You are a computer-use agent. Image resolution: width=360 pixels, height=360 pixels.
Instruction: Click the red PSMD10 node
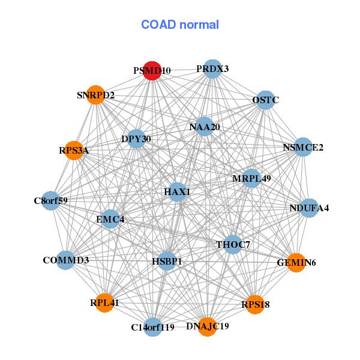click(152, 71)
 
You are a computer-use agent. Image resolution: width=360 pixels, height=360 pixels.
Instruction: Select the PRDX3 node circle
click(212, 69)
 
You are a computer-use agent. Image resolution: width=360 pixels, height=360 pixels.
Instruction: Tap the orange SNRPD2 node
click(96, 95)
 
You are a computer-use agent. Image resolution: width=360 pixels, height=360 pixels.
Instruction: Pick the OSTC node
click(266, 100)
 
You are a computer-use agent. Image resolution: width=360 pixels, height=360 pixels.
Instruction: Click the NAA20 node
click(204, 127)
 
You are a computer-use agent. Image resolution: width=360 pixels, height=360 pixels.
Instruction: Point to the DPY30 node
click(136, 139)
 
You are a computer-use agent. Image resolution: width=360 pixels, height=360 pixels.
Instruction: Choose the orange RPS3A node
click(74, 151)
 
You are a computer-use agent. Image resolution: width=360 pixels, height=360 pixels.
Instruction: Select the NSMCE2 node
click(303, 147)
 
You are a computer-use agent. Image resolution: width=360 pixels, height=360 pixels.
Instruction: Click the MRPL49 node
click(251, 178)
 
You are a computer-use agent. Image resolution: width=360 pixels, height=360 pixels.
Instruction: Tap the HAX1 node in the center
click(177, 192)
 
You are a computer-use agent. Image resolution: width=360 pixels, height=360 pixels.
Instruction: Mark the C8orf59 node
click(51, 200)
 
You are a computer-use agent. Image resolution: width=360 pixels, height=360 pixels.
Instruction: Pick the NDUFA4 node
click(309, 208)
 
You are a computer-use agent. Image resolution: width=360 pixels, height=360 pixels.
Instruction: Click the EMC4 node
click(110, 219)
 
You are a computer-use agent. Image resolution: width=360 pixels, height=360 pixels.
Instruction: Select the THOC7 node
click(233, 245)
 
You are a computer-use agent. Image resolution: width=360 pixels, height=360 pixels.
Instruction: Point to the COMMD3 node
click(65, 260)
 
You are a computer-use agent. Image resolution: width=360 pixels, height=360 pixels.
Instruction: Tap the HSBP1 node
click(167, 261)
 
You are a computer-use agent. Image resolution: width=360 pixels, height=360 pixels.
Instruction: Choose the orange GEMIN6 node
click(296, 263)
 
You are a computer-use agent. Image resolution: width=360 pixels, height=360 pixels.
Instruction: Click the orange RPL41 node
click(104, 303)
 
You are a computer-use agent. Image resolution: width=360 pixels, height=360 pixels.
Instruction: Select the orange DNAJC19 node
click(208, 327)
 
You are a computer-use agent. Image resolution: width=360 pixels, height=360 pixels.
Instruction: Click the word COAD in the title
click(158, 25)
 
